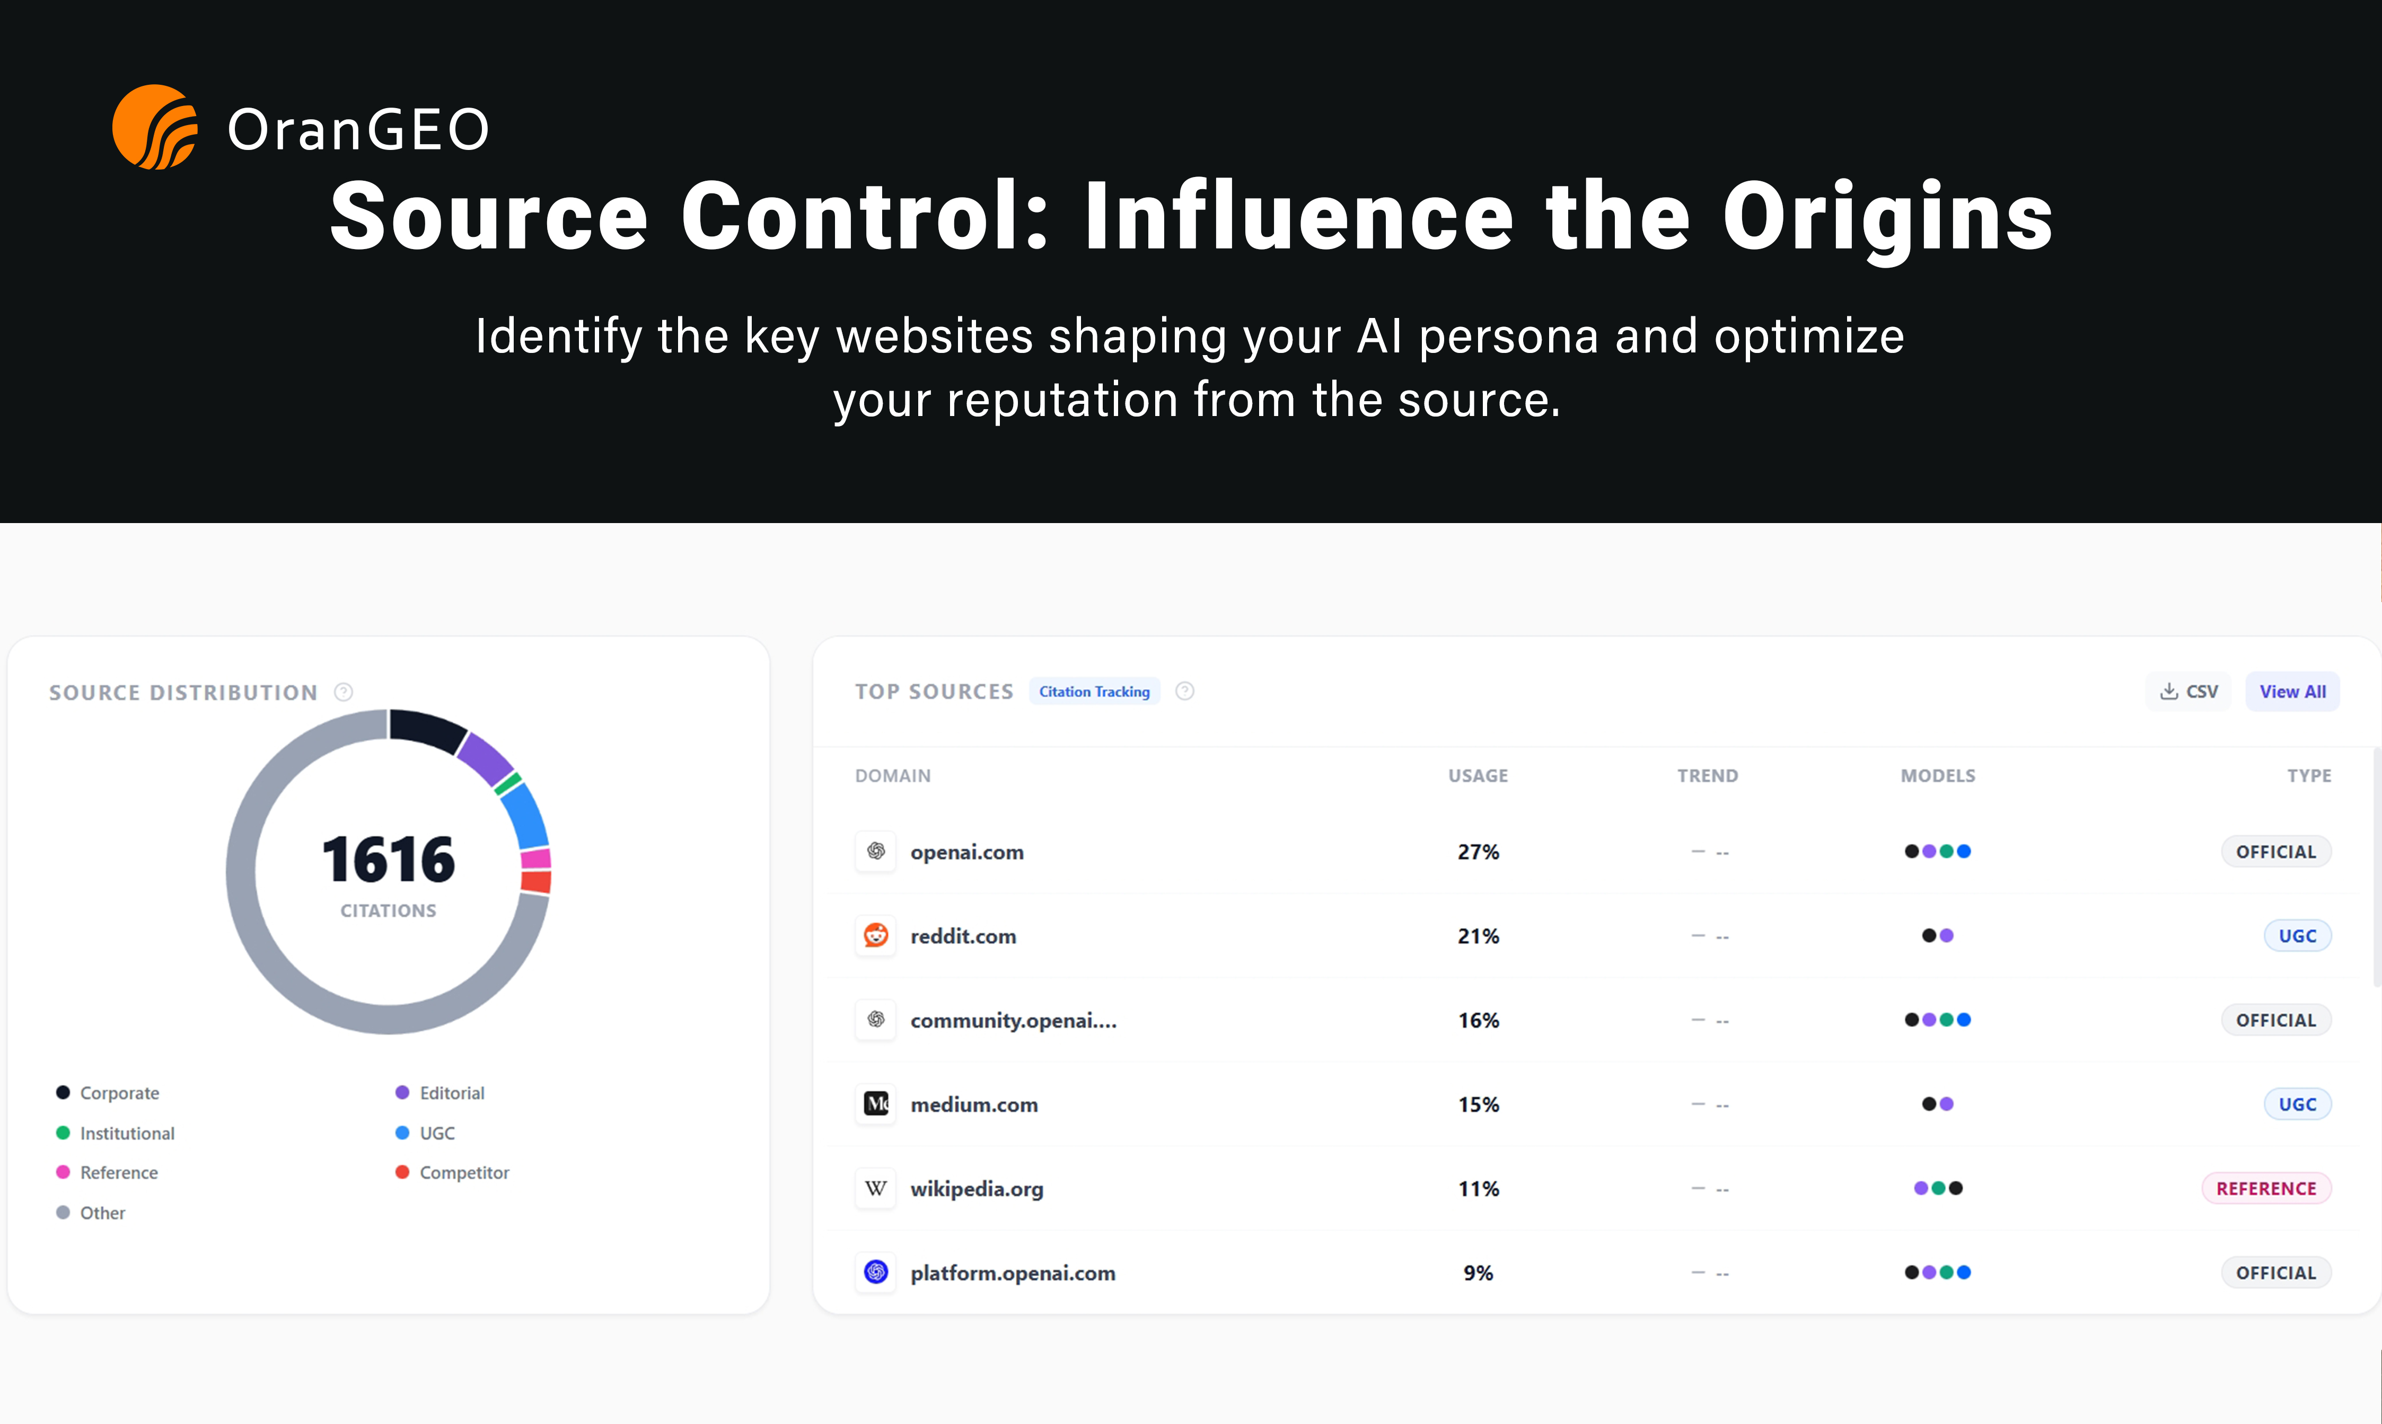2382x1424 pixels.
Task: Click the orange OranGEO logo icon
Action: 154,127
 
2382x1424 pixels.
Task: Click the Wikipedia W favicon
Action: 875,1188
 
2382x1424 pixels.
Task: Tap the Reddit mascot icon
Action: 875,935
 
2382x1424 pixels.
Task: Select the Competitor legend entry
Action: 463,1173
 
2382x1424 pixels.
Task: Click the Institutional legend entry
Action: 127,1133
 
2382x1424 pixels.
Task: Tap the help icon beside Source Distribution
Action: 344,692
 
